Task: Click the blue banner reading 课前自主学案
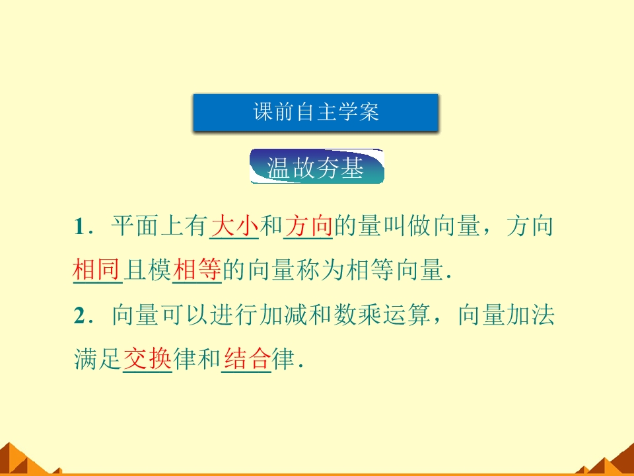click(316, 112)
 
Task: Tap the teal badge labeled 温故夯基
click(316, 168)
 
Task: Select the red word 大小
click(234, 227)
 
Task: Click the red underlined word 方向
click(308, 227)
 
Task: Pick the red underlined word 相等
click(197, 270)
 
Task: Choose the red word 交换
click(147, 360)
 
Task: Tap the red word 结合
click(246, 360)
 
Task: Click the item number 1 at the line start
click(80, 227)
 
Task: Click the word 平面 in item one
click(135, 227)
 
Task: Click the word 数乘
click(357, 316)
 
